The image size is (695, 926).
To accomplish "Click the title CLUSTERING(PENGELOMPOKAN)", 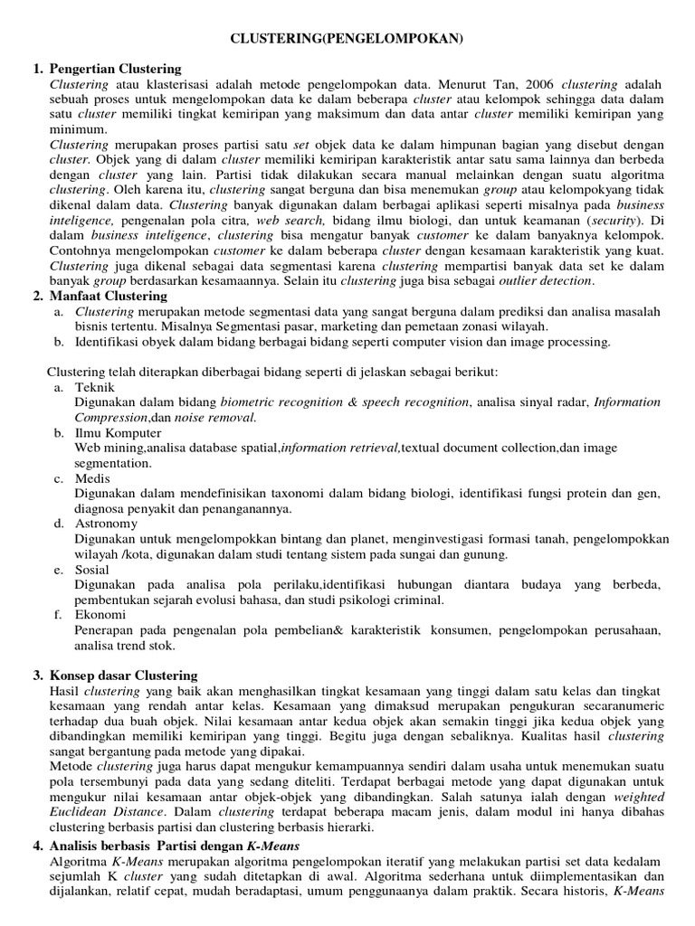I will [x=347, y=39].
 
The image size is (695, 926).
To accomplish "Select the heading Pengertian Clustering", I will [x=115, y=69].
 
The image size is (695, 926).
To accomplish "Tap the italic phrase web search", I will [x=290, y=220].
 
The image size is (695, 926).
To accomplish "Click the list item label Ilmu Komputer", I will [x=118, y=433].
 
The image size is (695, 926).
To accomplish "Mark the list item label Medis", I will [x=92, y=478].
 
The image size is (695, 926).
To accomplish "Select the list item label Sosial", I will [x=92, y=570].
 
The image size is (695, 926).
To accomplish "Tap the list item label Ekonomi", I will [x=100, y=615].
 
